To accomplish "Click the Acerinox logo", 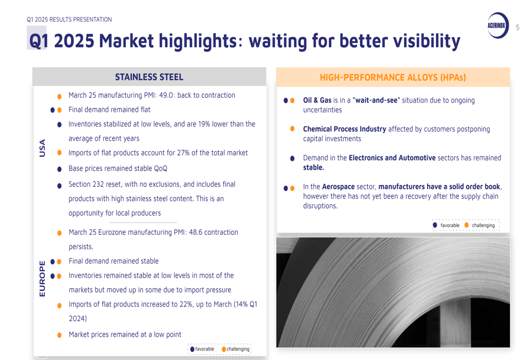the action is click(x=498, y=25).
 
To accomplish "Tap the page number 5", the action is click(x=518, y=27).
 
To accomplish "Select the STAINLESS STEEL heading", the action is click(x=149, y=77).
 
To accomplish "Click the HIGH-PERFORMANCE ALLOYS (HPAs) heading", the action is click(x=393, y=77).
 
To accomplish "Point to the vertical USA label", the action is click(x=42, y=148).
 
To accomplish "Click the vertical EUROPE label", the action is click(x=42, y=279).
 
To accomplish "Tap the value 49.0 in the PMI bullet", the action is click(x=166, y=95).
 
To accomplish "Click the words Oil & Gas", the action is click(x=317, y=100).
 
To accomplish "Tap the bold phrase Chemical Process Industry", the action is click(x=345, y=129).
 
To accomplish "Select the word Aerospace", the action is click(x=338, y=187).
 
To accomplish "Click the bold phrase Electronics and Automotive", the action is click(x=392, y=158).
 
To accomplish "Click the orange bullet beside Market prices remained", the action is click(x=59, y=335).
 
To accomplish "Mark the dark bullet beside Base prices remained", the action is click(x=59, y=169).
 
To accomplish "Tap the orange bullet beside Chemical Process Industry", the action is click(x=292, y=129).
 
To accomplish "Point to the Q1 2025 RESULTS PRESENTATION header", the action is click(x=69, y=19).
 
